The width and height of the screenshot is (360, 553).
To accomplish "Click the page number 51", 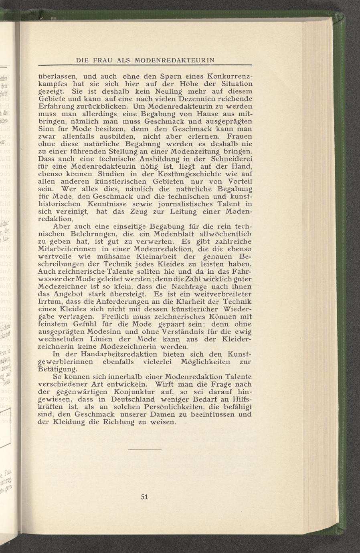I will point(145,497).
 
